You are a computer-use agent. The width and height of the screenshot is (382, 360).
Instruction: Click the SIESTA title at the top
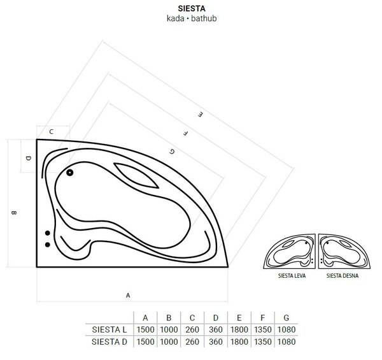[192, 8]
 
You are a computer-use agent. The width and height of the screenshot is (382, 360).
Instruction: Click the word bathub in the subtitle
[204, 18]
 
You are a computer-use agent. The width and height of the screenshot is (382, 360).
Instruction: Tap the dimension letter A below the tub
[128, 296]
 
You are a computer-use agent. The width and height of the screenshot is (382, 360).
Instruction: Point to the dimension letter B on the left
[14, 213]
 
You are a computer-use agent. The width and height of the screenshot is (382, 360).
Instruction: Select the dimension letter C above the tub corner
[51, 132]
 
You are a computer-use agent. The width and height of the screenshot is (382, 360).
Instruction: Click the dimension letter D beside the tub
[29, 158]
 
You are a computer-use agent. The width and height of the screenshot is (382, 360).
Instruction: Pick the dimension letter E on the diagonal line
[200, 114]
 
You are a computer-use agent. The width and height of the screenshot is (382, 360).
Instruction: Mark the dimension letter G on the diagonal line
[172, 152]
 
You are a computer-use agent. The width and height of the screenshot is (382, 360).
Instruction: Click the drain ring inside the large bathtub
[69, 173]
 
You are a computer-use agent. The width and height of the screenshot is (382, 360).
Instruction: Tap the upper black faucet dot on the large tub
[48, 233]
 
